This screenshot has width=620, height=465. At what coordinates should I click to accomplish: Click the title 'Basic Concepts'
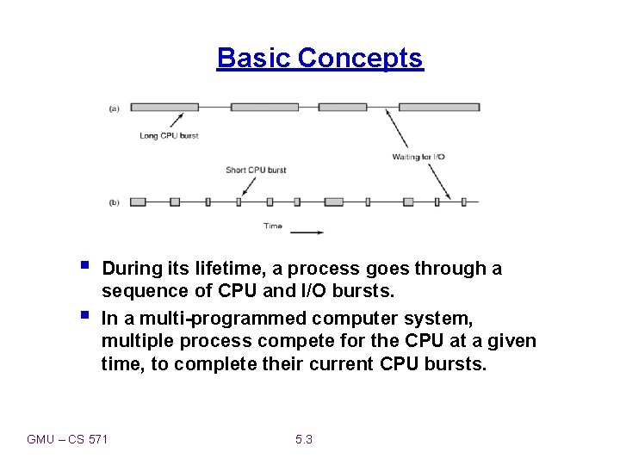[x=319, y=58]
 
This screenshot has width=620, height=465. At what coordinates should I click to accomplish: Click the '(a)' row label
[x=115, y=108]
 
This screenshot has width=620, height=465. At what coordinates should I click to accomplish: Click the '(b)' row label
[x=115, y=202]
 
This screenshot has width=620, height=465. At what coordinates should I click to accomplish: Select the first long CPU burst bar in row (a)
[x=164, y=108]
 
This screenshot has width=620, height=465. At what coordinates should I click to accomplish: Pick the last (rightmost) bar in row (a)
[x=439, y=108]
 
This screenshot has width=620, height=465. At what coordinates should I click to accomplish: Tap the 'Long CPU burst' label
[x=169, y=136]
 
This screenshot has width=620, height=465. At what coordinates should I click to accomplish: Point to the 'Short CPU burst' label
[x=256, y=170]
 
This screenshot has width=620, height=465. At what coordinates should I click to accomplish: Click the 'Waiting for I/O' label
[x=418, y=157]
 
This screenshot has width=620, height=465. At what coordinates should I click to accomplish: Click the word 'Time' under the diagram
[x=272, y=226]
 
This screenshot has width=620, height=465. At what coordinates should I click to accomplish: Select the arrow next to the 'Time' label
[x=307, y=231]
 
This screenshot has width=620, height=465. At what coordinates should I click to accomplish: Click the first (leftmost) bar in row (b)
[x=137, y=202]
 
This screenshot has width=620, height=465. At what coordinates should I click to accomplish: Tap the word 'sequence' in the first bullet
[x=141, y=291]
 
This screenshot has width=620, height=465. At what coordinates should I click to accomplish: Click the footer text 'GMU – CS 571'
[x=67, y=439]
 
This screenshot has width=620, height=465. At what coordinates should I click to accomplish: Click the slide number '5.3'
[x=303, y=439]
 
